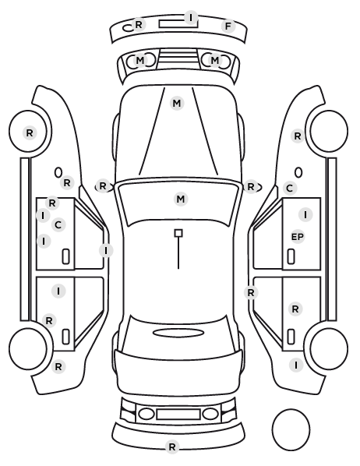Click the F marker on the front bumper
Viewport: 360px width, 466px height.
point(228,26)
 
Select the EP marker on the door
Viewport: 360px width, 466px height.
point(298,237)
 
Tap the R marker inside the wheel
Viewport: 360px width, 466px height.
point(30,132)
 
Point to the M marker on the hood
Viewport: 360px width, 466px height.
point(177,103)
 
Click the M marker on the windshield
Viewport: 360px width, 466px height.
point(181,199)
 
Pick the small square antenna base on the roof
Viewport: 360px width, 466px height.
point(178,233)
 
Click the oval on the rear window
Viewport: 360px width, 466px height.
point(178,333)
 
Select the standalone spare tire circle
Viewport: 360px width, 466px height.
point(291,429)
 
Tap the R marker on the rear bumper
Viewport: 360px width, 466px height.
point(172,447)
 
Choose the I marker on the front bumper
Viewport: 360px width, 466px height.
point(191,17)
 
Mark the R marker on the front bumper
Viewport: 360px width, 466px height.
point(139,24)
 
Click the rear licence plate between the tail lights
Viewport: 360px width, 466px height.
point(178,415)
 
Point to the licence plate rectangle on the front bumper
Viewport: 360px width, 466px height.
point(178,24)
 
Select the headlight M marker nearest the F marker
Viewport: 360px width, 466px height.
point(215,60)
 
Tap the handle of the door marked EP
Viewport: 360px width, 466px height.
point(291,256)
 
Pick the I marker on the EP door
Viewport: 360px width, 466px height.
point(305,214)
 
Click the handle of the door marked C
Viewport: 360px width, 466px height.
point(65,256)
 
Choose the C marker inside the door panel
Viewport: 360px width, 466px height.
point(58,224)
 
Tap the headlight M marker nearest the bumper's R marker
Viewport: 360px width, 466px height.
point(140,60)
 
